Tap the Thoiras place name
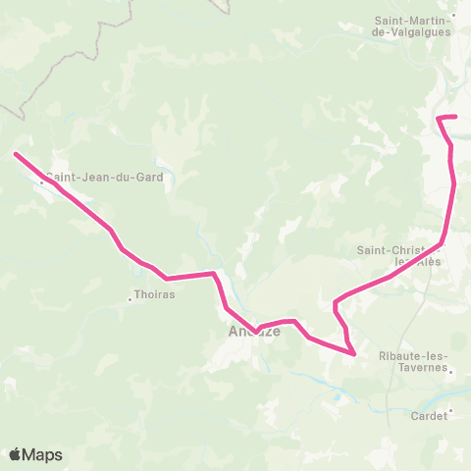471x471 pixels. (x=153, y=291)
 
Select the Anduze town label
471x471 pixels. (x=254, y=332)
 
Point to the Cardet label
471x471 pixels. (x=428, y=415)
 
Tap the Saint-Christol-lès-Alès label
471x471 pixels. (x=397, y=255)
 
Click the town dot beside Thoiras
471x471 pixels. (x=131, y=298)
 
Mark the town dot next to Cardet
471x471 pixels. (x=451, y=411)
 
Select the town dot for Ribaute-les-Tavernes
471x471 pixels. (x=449, y=371)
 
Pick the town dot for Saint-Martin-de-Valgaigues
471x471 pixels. (x=454, y=17)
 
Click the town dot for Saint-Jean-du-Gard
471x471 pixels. (x=41, y=182)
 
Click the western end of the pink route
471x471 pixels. (x=15, y=153)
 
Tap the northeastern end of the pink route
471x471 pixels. (x=456, y=117)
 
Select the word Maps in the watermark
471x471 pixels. (x=43, y=454)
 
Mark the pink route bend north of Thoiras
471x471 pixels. (x=168, y=278)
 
